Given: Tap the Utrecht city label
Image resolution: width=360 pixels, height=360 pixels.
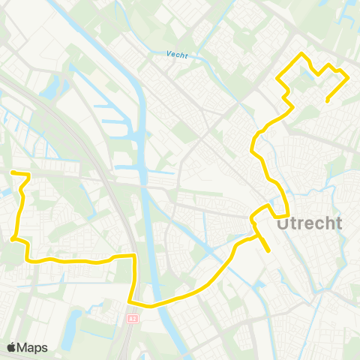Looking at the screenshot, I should pyautogui.click(x=309, y=223).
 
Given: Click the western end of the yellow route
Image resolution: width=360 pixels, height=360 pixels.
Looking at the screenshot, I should pyautogui.click(x=12, y=172).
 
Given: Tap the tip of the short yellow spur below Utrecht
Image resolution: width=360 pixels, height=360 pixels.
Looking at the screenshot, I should pyautogui.click(x=268, y=250).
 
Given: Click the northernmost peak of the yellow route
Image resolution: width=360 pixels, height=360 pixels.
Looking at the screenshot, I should pyautogui.click(x=301, y=54).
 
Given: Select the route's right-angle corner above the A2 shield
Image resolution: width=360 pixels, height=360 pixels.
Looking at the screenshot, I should pyautogui.click(x=134, y=256).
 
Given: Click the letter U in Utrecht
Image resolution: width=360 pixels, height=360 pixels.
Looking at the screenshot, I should pyautogui.click(x=283, y=223).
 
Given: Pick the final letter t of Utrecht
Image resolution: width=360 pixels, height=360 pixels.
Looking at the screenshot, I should pyautogui.click(x=338, y=223).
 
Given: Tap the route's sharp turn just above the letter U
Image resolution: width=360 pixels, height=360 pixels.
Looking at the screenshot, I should pyautogui.click(x=289, y=213).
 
